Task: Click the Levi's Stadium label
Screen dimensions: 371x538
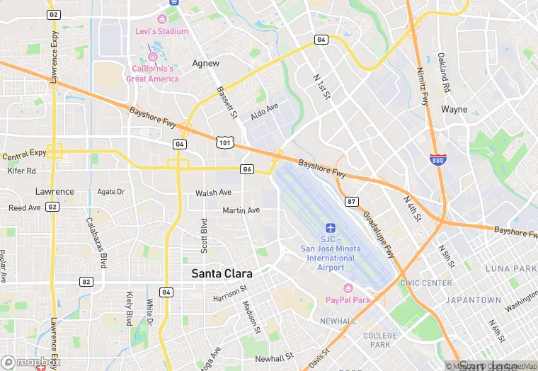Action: [162, 31]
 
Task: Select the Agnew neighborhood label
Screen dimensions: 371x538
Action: [206, 63]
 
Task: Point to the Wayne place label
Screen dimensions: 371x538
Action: [454, 110]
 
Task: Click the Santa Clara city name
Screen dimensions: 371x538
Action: [222, 273]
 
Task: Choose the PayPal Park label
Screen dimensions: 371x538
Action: [348, 299]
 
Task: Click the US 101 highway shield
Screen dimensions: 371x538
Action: [224, 142]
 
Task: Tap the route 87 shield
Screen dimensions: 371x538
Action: [352, 202]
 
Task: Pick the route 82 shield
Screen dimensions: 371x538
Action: [86, 281]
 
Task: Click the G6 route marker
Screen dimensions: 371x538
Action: [246, 169]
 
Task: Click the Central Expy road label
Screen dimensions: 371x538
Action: [24, 154]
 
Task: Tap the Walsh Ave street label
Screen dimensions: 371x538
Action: [213, 193]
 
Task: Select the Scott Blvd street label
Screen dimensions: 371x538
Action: [204, 236]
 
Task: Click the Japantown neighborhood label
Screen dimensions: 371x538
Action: [474, 300]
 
